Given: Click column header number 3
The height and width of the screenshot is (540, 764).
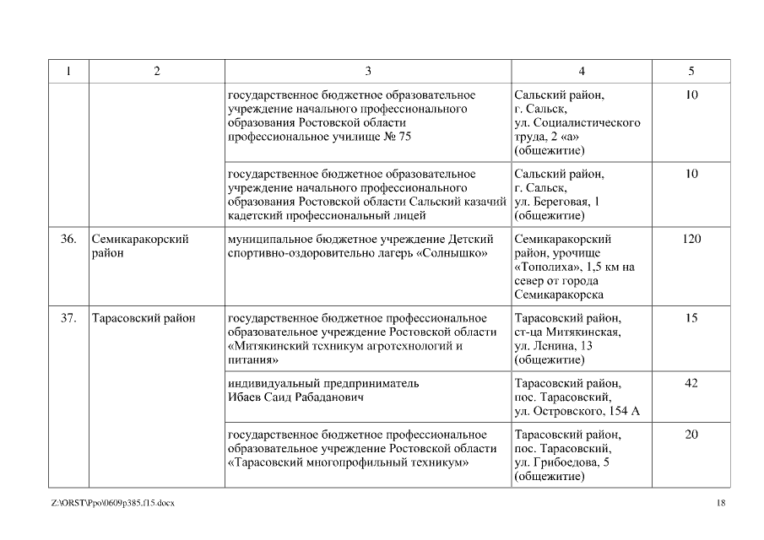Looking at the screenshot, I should coord(368,71).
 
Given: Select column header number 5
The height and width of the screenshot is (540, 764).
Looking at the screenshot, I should coord(691,71).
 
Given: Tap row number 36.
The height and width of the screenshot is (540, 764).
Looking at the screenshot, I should coord(68,240).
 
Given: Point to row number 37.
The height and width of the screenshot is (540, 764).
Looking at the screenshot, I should coord(68,318).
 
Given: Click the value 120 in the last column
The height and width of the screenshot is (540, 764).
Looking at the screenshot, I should coord(691,240).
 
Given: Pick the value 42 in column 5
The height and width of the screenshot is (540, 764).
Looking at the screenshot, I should coord(691,383).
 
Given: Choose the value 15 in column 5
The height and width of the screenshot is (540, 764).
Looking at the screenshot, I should coord(691,318).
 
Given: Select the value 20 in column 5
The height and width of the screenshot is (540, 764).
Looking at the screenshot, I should coord(691,435).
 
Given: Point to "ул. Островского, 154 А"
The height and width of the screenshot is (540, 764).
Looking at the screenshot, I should coord(577,410).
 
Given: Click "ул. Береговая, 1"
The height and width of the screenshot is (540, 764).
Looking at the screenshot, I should coord(557,201).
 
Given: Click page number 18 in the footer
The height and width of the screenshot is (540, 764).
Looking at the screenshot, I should coord(720,503).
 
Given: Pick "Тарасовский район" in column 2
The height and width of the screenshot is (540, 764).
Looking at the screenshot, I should coord(143,318).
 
